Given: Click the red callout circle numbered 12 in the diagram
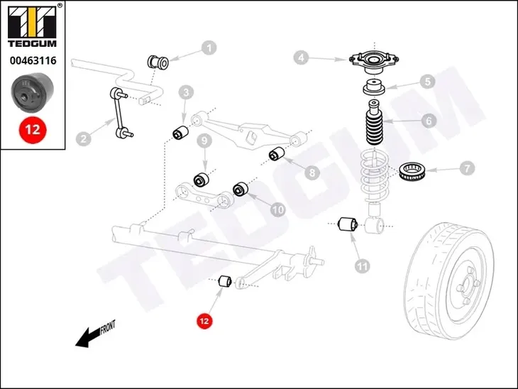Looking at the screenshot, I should pos(204,321).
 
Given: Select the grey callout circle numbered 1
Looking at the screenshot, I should pos(209,48).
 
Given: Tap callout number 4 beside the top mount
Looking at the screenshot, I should pos(302,58).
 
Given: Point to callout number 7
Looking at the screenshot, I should pos(465,170).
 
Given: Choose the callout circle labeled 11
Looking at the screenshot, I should pos(363,266).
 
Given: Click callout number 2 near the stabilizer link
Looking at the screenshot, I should pos(84,139).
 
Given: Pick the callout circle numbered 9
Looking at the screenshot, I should pos(204,141).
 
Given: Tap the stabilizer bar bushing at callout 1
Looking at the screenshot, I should pos(158,62).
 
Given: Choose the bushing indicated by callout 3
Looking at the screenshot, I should pos(180,132).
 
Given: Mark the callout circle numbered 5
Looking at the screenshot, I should pos(426,82).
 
